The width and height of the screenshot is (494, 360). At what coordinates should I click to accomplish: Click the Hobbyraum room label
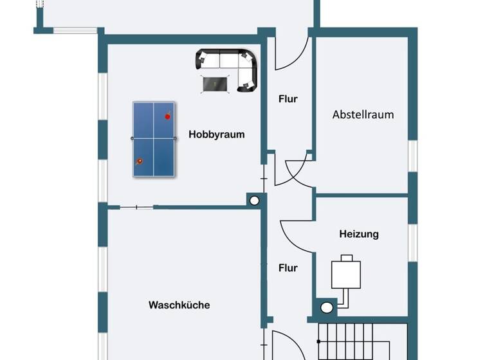217,134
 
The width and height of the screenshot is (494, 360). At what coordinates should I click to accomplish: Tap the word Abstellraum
363,115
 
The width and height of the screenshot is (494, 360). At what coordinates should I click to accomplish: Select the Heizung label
359,234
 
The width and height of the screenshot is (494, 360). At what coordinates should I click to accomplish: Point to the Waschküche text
179,305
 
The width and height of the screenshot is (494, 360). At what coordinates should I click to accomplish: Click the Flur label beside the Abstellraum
288,99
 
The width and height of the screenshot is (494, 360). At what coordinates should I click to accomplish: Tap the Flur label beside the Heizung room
288,268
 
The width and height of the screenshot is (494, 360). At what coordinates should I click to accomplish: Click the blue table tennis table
154,138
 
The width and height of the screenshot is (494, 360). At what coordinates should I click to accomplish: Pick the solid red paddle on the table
167,116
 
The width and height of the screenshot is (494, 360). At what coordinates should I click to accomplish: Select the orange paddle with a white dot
139,161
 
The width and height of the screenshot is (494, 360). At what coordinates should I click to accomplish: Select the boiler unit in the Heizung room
346,273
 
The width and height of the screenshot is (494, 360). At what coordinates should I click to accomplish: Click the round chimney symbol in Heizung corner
327,307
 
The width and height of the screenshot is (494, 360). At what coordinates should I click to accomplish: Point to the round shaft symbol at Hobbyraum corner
255,201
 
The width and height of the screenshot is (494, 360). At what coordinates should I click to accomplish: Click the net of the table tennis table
154,138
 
